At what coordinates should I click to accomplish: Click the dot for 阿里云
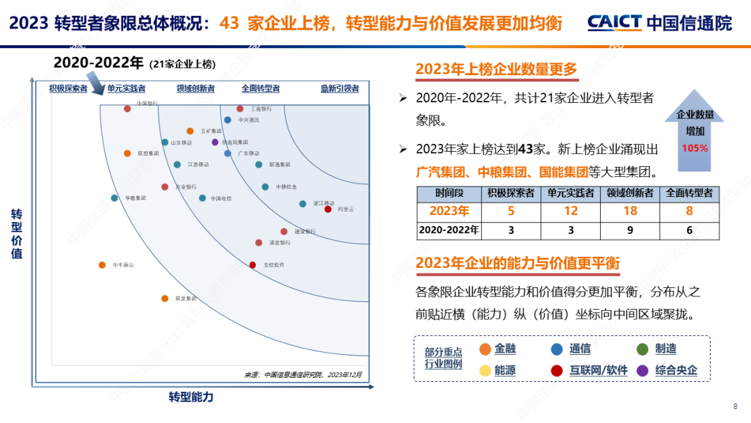[328, 209]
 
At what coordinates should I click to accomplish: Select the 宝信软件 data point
[252, 265]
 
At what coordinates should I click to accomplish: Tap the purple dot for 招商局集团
[215, 142]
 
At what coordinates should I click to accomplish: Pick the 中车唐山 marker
[102, 265]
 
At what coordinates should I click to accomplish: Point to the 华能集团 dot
[115, 198]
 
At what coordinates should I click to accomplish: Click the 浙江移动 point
[302, 204]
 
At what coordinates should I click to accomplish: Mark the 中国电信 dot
[202, 198]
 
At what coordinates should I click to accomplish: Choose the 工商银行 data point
[240, 109]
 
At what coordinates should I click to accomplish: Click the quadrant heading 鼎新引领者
[339, 88]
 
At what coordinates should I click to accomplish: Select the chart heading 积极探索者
[68, 88]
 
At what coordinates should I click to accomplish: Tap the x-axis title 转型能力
[191, 397]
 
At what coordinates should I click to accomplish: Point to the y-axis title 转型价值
[17, 234]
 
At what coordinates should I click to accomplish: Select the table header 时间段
[449, 193]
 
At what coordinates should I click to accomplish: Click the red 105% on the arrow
[695, 148]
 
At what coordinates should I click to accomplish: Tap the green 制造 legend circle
[643, 349]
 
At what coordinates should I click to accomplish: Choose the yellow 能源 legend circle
[485, 371]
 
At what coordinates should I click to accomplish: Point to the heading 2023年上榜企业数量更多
[496, 69]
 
